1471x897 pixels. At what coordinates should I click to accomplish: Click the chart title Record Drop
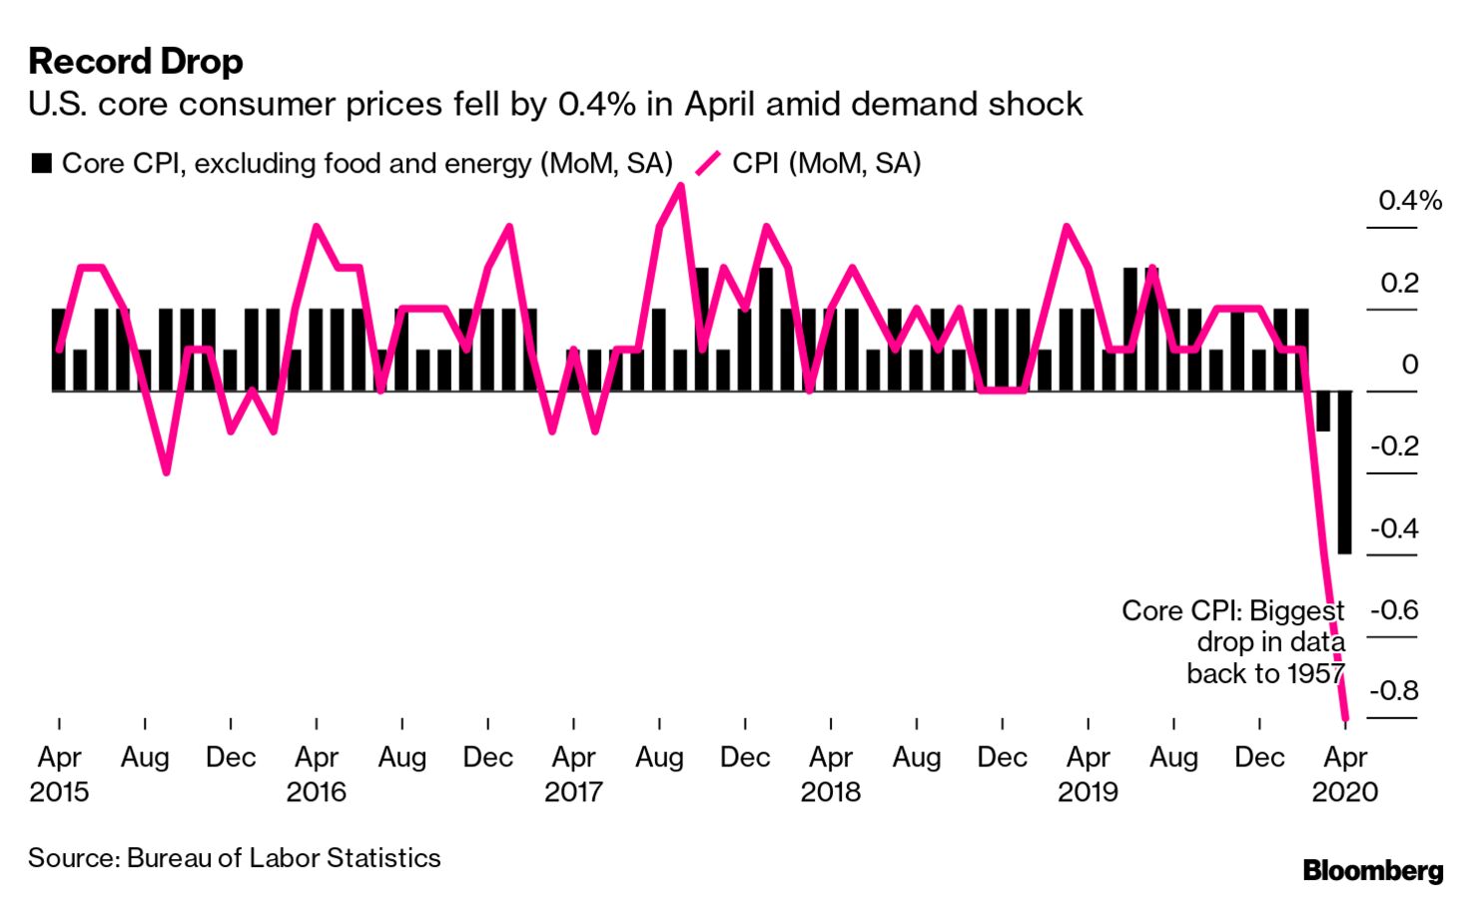(136, 62)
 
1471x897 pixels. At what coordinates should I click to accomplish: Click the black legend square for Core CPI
(41, 164)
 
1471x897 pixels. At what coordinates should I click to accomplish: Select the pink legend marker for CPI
(707, 164)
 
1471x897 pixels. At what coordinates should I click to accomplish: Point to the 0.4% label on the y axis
(1409, 201)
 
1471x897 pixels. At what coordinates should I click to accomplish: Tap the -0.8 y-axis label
(1393, 690)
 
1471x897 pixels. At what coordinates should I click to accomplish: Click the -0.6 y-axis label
(1393, 609)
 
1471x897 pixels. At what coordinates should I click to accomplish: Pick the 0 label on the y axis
(1409, 365)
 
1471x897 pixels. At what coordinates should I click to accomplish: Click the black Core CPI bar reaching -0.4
(1344, 471)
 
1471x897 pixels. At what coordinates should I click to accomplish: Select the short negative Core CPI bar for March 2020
(1323, 411)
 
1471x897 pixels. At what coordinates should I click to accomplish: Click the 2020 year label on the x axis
(1344, 792)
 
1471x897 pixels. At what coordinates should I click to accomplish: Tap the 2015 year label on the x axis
(59, 792)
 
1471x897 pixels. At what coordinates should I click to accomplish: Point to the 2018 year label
(830, 792)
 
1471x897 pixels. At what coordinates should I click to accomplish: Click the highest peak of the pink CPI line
(681, 186)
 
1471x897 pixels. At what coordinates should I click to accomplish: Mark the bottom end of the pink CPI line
(1345, 715)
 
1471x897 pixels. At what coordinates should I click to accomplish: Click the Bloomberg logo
(1372, 871)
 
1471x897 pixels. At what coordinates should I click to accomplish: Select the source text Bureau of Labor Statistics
(284, 858)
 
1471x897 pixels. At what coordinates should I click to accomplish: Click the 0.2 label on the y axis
(1398, 283)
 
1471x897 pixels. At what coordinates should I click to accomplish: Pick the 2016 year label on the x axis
(316, 792)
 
